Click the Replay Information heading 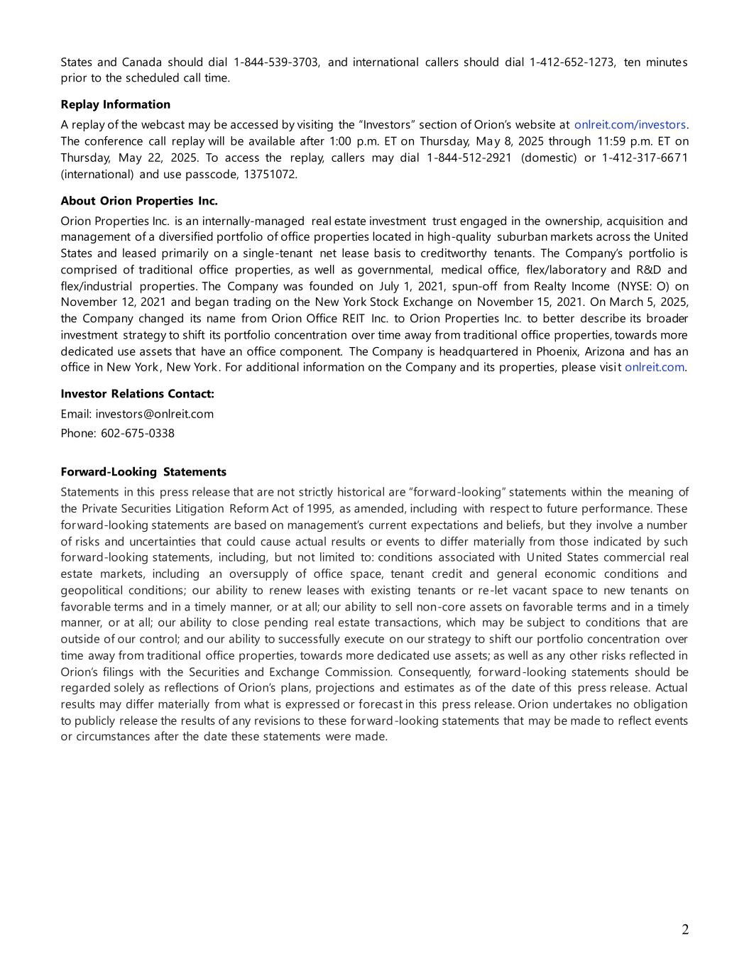click(x=115, y=104)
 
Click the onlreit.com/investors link click(x=630, y=125)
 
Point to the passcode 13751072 click(x=270, y=174)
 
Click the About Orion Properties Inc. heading click(x=139, y=201)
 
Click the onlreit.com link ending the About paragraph click(x=654, y=367)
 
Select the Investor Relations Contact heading click(x=137, y=394)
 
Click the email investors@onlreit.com click(x=154, y=414)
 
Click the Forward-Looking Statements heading click(x=143, y=472)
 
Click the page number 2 click(x=685, y=930)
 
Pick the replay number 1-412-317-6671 click(x=645, y=158)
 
